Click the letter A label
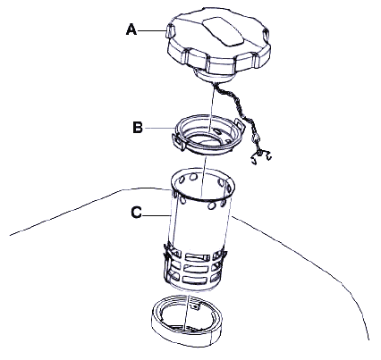coord(131,30)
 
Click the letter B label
coord(138,128)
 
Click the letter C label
coord(136,213)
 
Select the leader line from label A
coord(152,30)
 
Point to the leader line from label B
coord(159,128)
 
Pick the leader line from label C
coord(157,214)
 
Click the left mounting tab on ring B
coord(178,141)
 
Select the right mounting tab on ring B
coord(240,124)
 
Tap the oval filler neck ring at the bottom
coord(187,321)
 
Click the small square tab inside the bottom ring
coord(195,306)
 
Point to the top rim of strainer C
coord(203,184)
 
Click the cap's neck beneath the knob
coord(214,76)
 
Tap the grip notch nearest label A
coord(169,31)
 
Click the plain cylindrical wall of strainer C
coord(199,226)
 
